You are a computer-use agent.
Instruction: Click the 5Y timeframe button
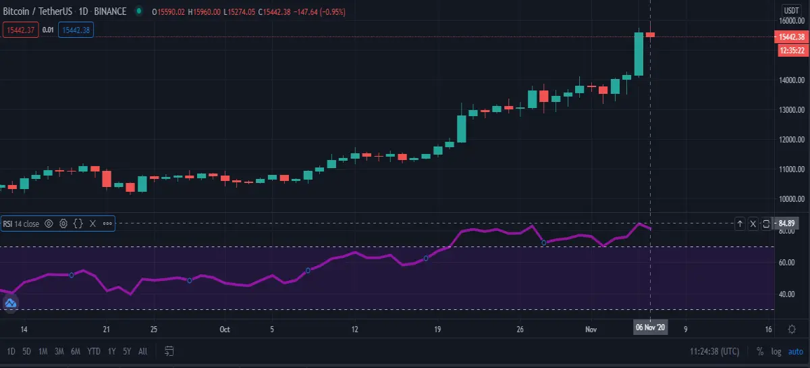(x=127, y=351)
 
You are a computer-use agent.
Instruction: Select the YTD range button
(x=94, y=351)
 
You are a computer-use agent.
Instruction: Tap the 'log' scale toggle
(x=776, y=352)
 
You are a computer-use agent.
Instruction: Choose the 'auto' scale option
(x=796, y=352)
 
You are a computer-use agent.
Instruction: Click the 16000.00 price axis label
(x=792, y=21)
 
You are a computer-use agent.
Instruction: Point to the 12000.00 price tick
(x=792, y=139)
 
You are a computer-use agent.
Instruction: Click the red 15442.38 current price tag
(x=792, y=37)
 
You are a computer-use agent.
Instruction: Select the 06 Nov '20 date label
(x=650, y=327)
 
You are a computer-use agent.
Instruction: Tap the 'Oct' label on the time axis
(x=225, y=330)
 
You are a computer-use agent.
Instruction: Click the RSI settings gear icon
(x=63, y=224)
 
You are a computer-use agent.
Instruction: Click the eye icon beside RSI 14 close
(x=49, y=224)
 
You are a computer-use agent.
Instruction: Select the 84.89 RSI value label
(x=786, y=224)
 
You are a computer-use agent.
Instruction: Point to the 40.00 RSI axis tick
(x=786, y=294)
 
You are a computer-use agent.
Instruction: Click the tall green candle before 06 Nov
(x=639, y=54)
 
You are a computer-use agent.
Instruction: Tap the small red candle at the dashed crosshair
(x=650, y=34)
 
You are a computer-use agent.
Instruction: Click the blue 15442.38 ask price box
(x=76, y=30)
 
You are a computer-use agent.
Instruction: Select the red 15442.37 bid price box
(x=21, y=30)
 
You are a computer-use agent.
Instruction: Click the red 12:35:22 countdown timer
(x=792, y=50)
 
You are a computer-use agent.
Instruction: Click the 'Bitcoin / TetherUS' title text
(x=38, y=11)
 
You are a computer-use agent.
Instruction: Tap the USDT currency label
(x=791, y=11)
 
